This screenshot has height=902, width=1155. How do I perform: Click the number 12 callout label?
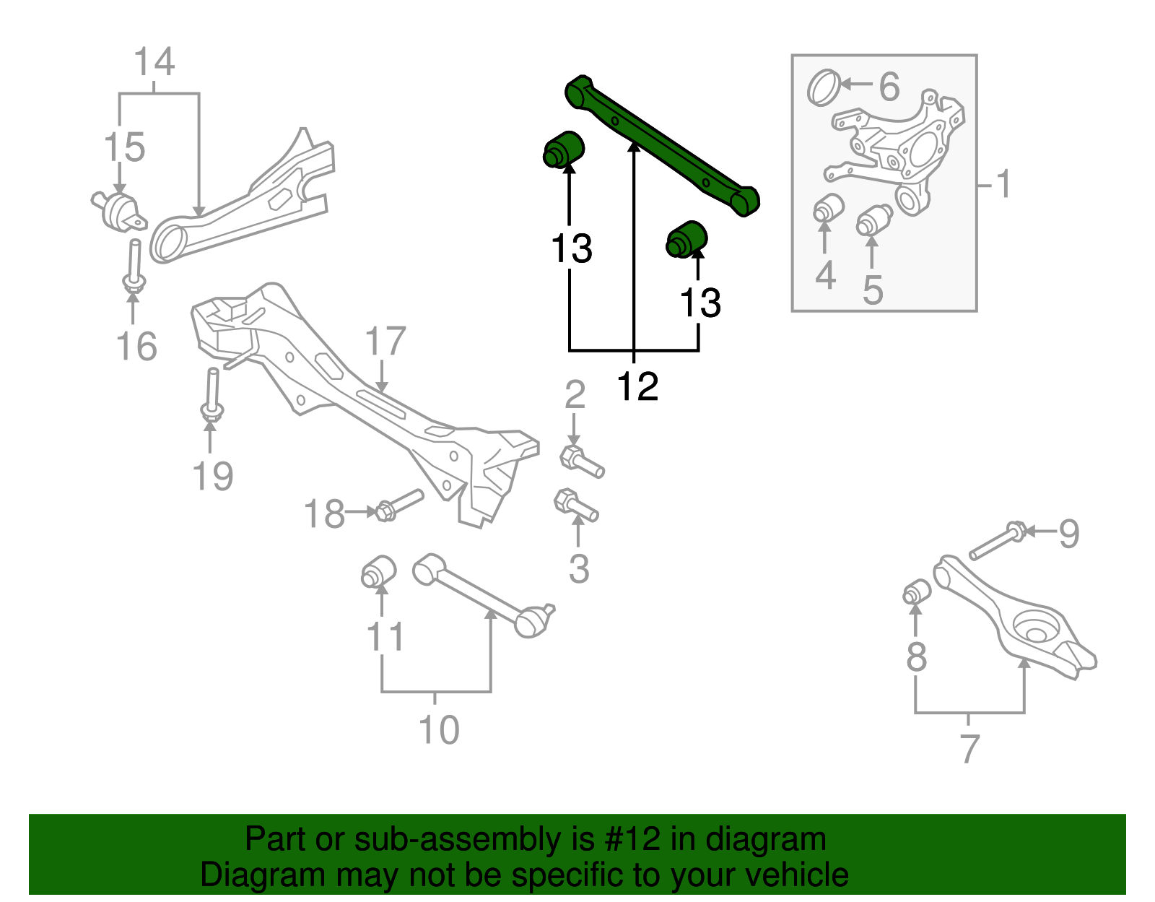pos(637,387)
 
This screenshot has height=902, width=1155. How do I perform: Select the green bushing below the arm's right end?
pos(687,239)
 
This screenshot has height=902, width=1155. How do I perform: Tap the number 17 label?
pos(385,342)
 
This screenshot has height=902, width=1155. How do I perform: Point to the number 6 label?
pos(889,87)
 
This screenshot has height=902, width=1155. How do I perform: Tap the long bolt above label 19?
pos(212,394)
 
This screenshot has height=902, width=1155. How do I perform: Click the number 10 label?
pos(439,729)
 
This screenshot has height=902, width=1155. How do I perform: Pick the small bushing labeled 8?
pos(917,591)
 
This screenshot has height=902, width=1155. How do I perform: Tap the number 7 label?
pos(969,749)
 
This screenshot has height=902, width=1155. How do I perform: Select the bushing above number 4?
pos(829,208)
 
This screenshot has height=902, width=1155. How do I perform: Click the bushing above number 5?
pos(874,220)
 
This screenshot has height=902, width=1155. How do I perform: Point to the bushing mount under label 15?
pos(118,210)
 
